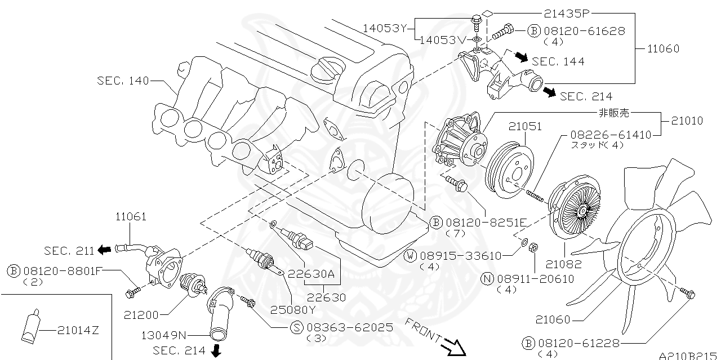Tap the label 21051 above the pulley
pyautogui.click(x=526, y=127)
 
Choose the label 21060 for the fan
pyautogui.click(x=553, y=319)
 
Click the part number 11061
pyautogui.click(x=131, y=216)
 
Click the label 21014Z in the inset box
pyautogui.click(x=78, y=330)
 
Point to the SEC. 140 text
pyautogui.click(x=123, y=81)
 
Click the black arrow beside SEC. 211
pyautogui.click(x=104, y=250)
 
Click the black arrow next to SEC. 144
pyautogui.click(x=521, y=58)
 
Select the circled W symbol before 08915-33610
pyautogui.click(x=411, y=256)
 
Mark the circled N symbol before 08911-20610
pyautogui.click(x=488, y=279)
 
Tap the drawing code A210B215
pyautogui.click(x=689, y=355)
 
